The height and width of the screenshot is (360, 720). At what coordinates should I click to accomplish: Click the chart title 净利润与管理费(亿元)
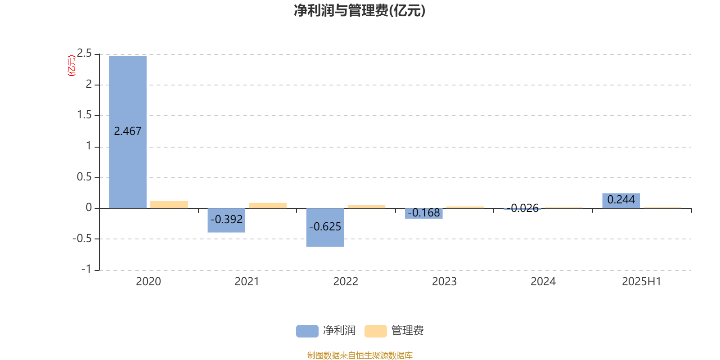360,11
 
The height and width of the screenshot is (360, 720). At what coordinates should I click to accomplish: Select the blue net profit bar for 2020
128,132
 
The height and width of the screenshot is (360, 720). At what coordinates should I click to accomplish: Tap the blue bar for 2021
226,220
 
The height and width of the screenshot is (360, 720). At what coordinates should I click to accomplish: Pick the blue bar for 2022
325,228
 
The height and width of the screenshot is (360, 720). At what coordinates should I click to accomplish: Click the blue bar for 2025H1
621,201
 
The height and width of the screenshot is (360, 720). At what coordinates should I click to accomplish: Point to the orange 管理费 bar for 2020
169,205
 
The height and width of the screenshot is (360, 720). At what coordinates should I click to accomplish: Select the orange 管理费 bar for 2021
268,205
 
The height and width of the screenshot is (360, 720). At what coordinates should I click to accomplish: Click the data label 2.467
128,131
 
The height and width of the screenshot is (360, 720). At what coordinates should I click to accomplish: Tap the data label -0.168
423,213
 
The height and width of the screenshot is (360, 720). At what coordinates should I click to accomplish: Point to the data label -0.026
522,208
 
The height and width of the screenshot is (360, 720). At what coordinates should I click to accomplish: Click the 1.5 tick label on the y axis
84,115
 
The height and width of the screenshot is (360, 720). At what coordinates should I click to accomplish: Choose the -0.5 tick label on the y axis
82,238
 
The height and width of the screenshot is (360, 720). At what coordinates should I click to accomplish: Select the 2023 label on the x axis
444,282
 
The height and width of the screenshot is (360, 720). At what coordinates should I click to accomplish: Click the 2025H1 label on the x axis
642,282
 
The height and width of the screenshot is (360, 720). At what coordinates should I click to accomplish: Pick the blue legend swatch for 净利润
307,331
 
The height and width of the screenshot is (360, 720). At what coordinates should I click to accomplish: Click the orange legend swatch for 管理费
375,331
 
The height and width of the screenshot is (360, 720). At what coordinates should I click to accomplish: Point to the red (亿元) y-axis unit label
72,66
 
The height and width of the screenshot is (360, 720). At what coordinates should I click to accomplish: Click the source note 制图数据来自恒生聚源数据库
360,355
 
